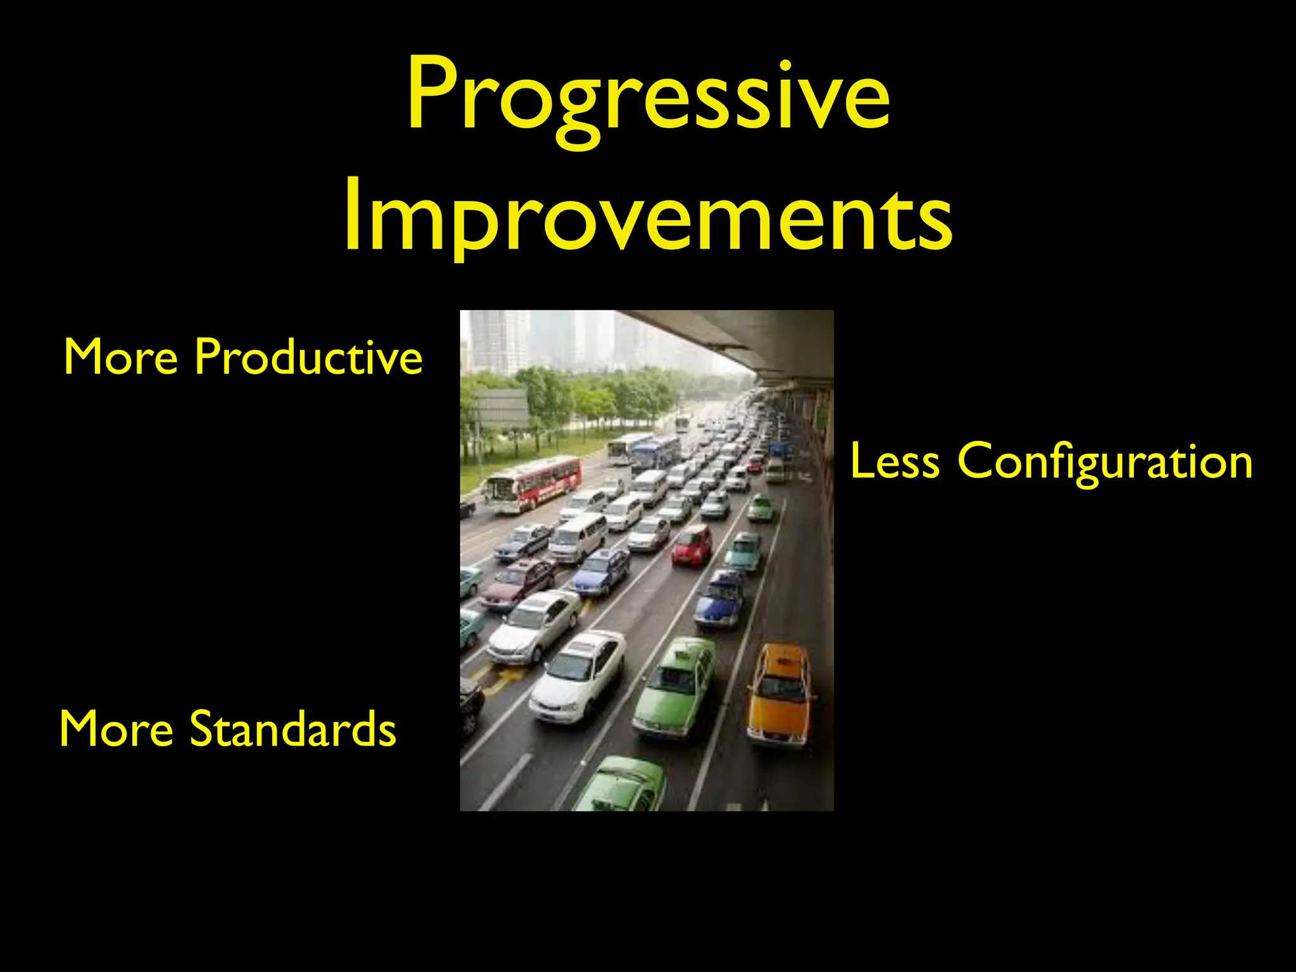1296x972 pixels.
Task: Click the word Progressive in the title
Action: pos(648,95)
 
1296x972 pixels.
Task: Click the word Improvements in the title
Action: pos(648,215)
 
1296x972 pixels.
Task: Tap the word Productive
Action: pos(308,356)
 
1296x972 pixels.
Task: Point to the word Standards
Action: pos(292,728)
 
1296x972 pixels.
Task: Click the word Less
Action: pos(894,461)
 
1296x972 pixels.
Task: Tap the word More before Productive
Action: pos(120,356)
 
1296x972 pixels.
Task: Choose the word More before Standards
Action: pos(116,728)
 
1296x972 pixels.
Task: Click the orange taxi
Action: pos(779,694)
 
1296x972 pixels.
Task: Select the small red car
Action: pos(692,545)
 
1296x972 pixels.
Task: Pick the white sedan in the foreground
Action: pos(577,676)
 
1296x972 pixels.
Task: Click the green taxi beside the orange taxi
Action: pos(675,688)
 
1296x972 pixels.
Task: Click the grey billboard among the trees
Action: pos(501,408)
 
